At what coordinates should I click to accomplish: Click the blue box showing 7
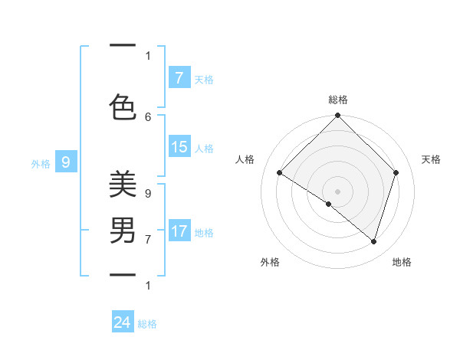coord(179,77)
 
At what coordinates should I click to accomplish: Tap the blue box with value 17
coord(179,231)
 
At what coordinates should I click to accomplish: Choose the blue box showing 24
coord(123,322)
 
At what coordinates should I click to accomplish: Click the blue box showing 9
coord(66,162)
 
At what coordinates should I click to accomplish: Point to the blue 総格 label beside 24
coord(147,324)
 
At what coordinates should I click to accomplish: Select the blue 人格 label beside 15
coord(204,148)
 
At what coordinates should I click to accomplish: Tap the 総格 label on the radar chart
coord(337,100)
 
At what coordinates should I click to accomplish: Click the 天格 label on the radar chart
coord(431,159)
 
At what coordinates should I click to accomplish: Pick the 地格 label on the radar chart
coord(402,262)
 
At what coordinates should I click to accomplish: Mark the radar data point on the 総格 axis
coord(337,116)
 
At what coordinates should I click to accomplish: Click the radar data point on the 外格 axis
coord(329,204)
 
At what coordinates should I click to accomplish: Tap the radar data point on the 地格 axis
coord(373,241)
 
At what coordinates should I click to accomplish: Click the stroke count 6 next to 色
coord(148,116)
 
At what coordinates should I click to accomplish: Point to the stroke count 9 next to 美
coord(148,194)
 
